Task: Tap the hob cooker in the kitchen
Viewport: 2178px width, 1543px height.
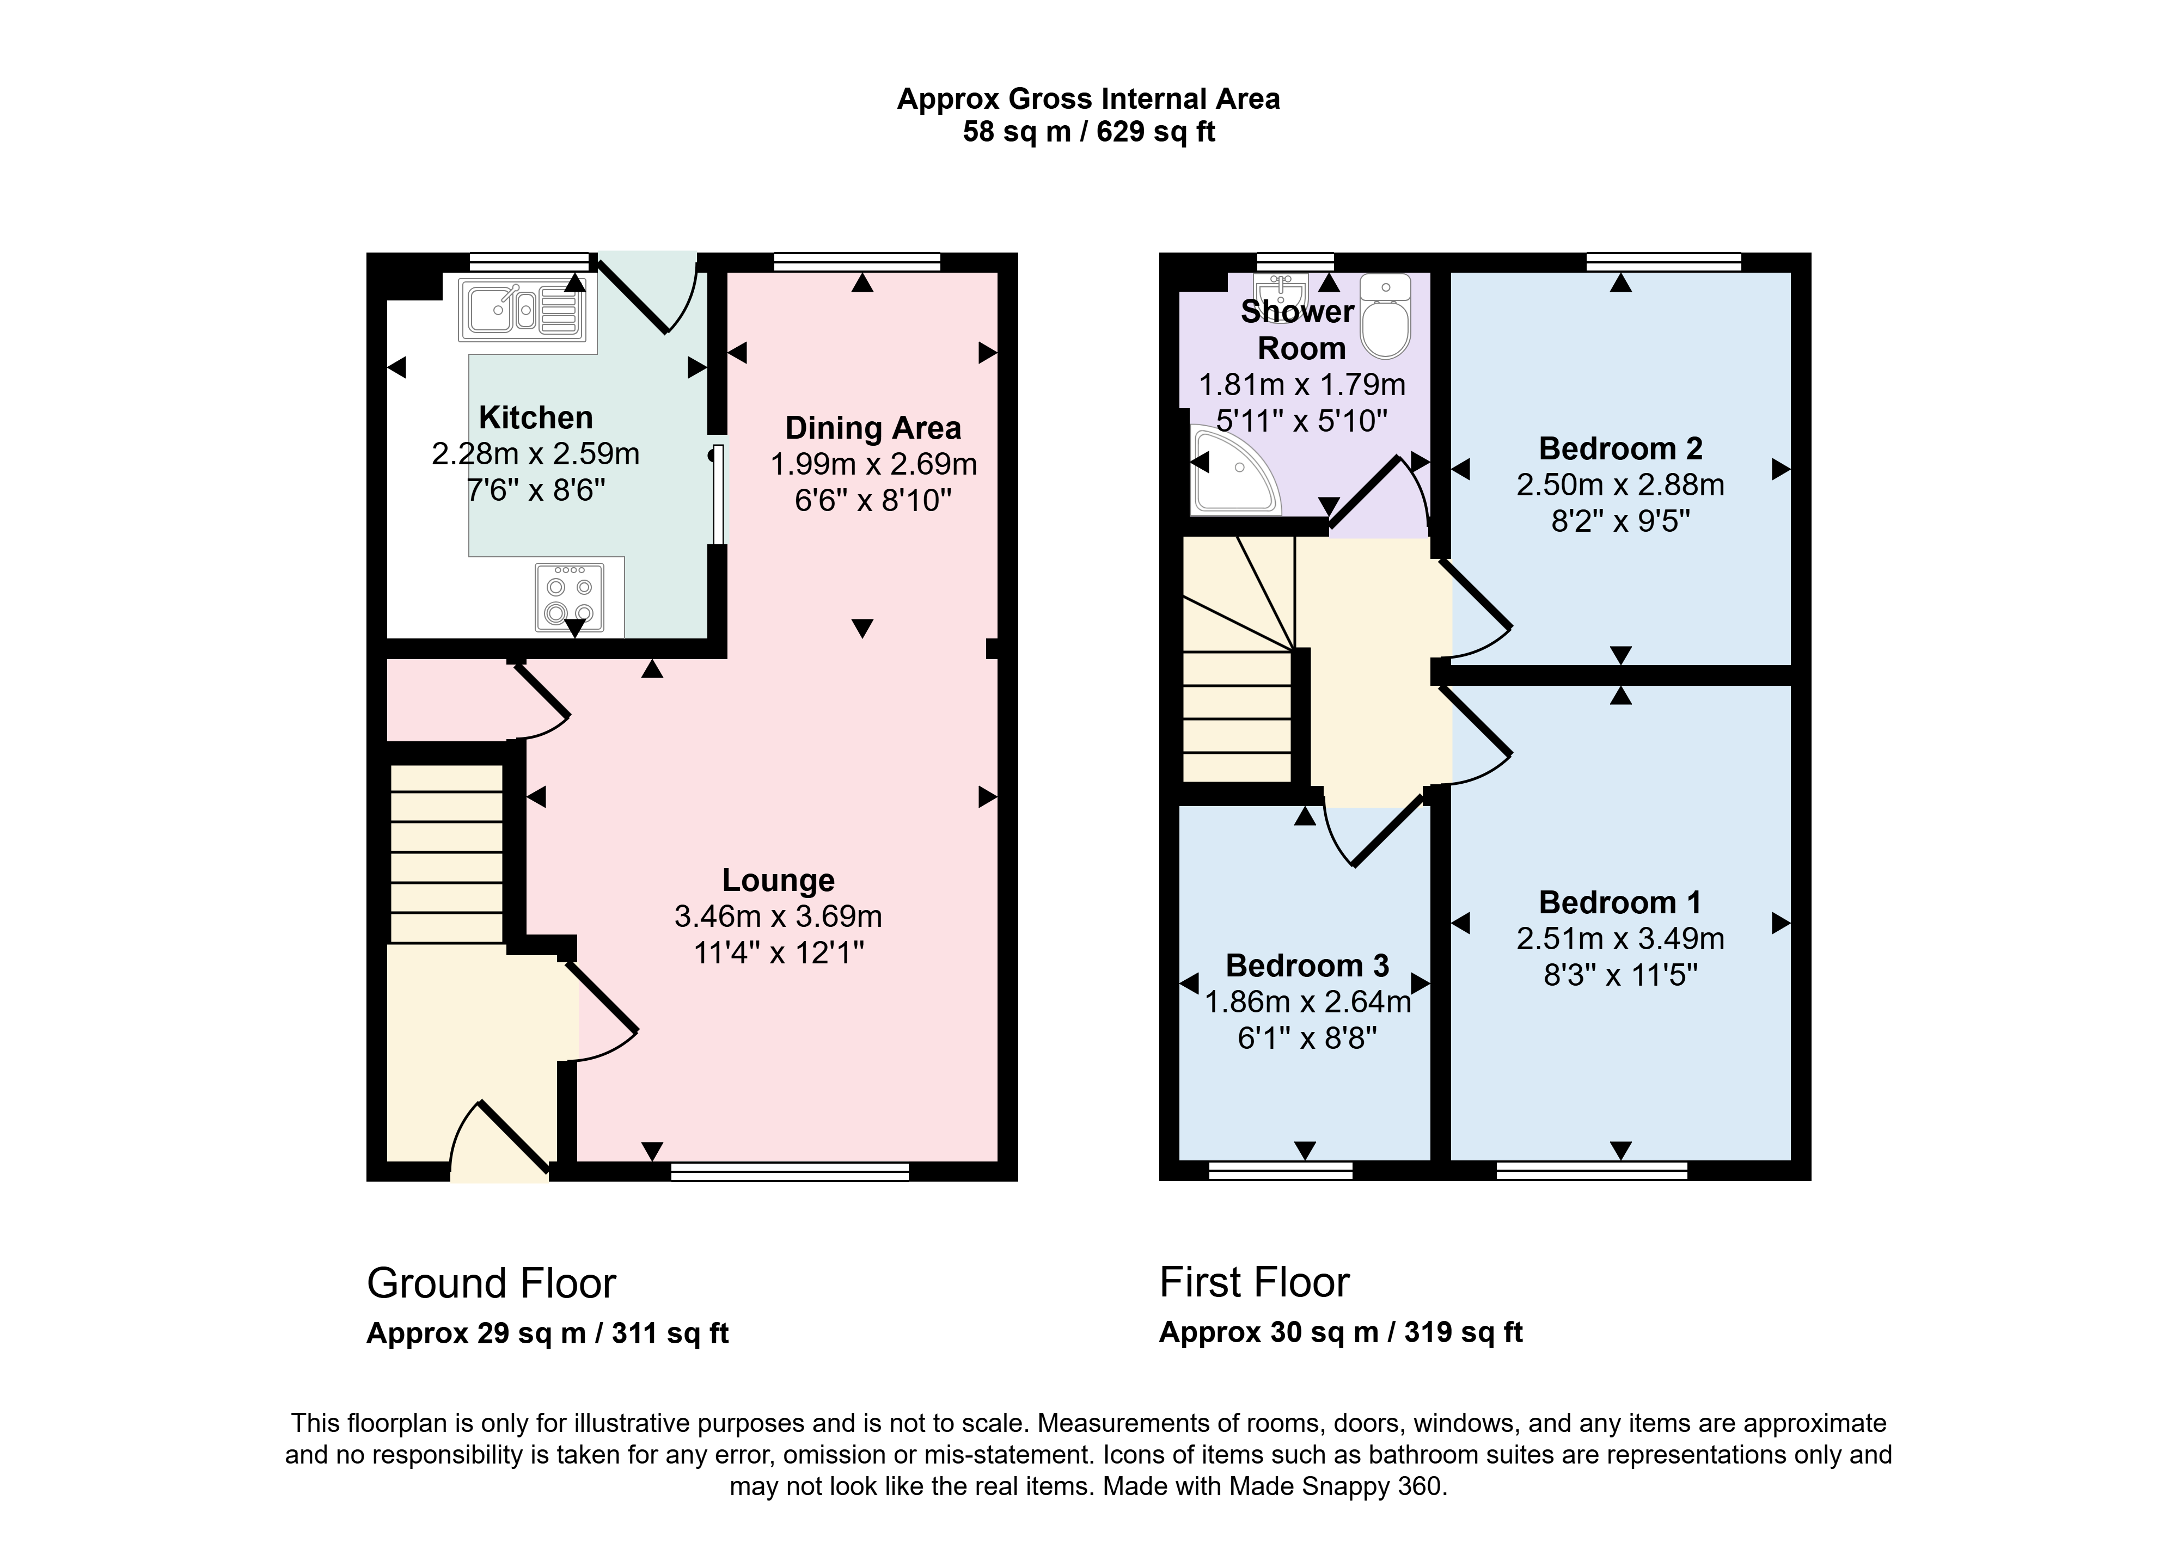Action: pos(569,598)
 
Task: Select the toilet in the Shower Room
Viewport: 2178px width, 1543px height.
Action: pos(1386,316)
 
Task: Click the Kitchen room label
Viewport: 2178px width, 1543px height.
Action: pos(536,417)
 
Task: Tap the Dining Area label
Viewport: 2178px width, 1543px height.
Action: pos(873,428)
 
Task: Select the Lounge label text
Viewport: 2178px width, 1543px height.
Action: pos(778,880)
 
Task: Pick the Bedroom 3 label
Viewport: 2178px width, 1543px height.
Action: pos(1307,966)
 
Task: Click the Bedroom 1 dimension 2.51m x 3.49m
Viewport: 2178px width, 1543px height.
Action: pos(1620,939)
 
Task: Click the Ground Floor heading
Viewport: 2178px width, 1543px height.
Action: pos(491,1283)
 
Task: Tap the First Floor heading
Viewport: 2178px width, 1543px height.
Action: pos(1255,1283)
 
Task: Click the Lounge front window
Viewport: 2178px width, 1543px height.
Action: pos(790,1171)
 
